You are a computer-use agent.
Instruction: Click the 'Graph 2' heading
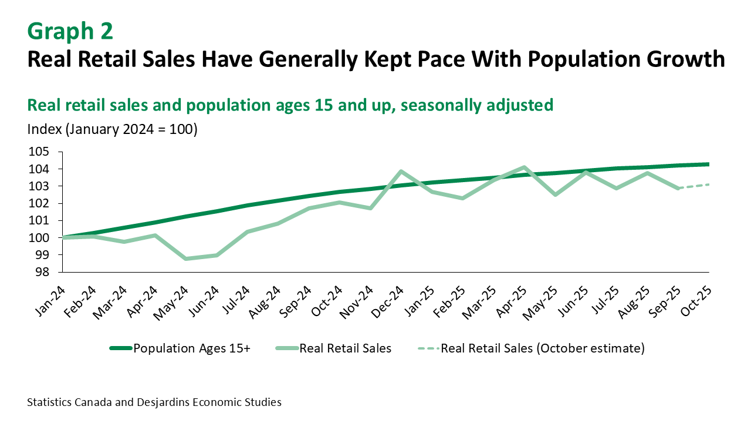pyautogui.click(x=70, y=31)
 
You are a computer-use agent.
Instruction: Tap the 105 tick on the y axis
pyautogui.click(x=39, y=152)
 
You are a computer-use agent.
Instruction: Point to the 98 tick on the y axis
pyautogui.click(x=42, y=272)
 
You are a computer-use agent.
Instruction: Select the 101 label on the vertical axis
pyautogui.click(x=39, y=221)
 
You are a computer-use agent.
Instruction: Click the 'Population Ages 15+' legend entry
pyautogui.click(x=192, y=348)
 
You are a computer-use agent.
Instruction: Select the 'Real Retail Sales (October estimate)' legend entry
pyautogui.click(x=543, y=348)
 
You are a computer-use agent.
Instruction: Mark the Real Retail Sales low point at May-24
pyautogui.click(x=186, y=258)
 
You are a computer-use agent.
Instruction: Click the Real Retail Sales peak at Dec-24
pyautogui.click(x=401, y=172)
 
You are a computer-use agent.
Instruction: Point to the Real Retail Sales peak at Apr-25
pyautogui.click(x=524, y=167)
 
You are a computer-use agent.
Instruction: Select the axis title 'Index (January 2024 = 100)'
pyautogui.click(x=112, y=129)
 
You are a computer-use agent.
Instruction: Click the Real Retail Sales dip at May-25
pyautogui.click(x=554, y=194)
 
